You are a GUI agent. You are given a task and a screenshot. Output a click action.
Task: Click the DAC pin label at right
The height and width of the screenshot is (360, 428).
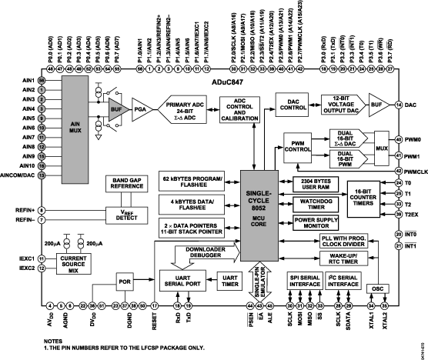click(409, 104)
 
